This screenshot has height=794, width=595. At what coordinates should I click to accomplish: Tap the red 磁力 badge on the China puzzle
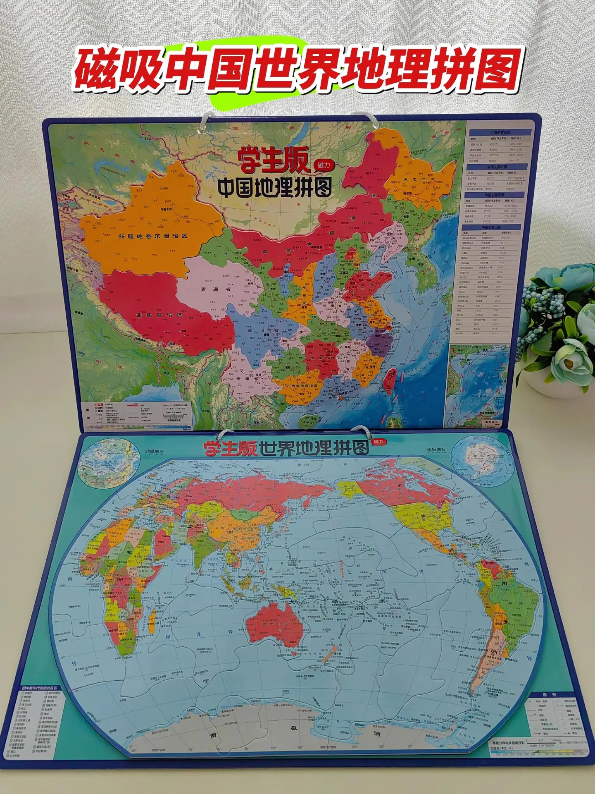pos(324,165)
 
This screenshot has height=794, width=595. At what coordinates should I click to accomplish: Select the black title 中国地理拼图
pos(274,188)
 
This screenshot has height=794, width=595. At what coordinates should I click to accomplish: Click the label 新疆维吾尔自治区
pos(153,236)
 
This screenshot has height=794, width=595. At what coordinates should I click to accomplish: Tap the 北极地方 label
pos(154,451)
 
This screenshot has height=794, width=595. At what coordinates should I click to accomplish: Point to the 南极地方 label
pos(436,450)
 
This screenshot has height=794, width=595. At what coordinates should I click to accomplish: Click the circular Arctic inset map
pos(107,467)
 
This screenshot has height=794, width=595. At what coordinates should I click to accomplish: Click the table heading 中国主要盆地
pos(500,133)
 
